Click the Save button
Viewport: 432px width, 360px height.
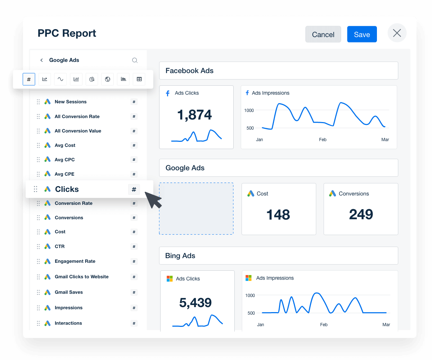(x=362, y=34)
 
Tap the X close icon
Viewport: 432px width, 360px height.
(x=397, y=33)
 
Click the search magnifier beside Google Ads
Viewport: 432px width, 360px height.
(x=135, y=60)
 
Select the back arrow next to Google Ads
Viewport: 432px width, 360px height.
(x=41, y=60)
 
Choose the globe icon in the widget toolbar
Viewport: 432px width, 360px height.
(x=107, y=79)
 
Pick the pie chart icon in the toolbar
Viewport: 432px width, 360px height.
(x=92, y=79)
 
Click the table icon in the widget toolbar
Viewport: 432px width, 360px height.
(x=139, y=79)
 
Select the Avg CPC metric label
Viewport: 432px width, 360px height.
(x=65, y=159)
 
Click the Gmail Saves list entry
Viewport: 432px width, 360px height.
(x=69, y=292)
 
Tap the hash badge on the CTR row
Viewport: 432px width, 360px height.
(x=134, y=247)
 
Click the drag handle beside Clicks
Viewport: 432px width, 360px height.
(x=36, y=189)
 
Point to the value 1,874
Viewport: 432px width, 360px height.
(x=194, y=115)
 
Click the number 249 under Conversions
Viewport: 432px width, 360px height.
(x=361, y=215)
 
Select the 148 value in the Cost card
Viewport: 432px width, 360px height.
(x=278, y=215)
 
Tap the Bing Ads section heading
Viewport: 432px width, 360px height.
(x=180, y=256)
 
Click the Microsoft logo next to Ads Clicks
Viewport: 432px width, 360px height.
(x=170, y=279)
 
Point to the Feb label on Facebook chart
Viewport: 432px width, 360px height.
(x=323, y=140)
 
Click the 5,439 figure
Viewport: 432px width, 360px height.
(x=195, y=303)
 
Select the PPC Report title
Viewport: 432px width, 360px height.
(x=67, y=33)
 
